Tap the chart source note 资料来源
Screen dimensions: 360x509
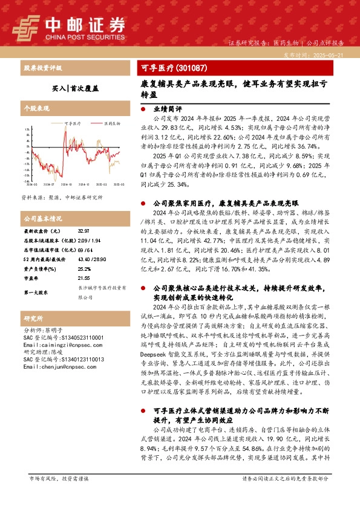61,198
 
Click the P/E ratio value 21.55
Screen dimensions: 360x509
83,277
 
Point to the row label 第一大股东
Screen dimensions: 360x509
36,292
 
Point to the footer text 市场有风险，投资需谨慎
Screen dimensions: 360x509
59,495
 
